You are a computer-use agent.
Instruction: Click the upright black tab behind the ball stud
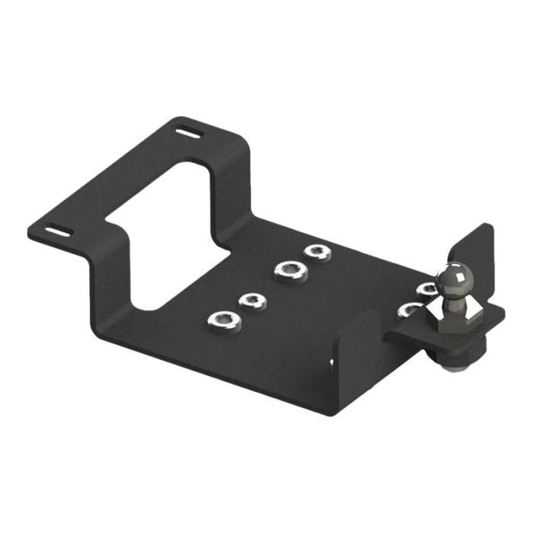479,259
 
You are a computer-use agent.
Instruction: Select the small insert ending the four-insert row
317,252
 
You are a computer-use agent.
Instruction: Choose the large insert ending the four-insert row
225,321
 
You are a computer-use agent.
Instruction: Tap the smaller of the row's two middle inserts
252,300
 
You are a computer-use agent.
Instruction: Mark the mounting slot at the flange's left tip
58,231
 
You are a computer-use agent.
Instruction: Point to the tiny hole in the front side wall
332,362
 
